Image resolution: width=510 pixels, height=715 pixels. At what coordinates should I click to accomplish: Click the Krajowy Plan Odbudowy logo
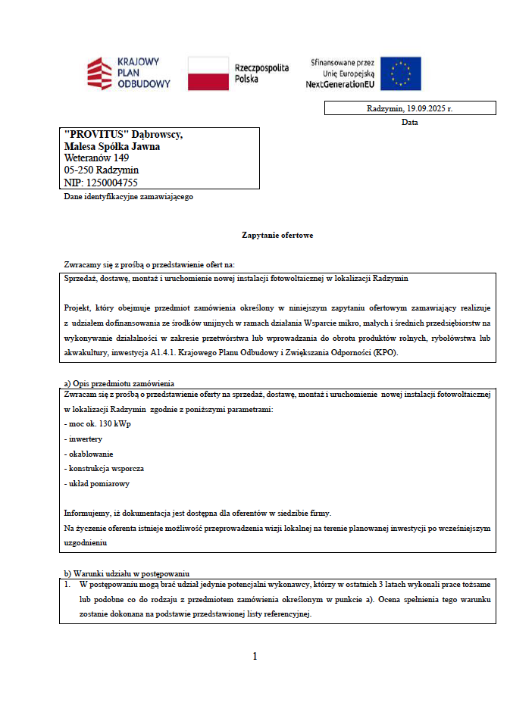click(128, 73)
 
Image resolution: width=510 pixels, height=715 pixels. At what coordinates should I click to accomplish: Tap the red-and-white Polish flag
click(208, 73)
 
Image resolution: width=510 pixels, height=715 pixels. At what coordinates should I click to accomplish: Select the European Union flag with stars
click(400, 73)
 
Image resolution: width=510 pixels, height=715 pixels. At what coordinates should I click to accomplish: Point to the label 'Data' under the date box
click(410, 122)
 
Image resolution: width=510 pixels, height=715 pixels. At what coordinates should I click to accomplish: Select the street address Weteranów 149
click(96, 158)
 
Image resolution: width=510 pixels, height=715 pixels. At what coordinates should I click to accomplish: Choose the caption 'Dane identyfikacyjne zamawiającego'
click(129, 197)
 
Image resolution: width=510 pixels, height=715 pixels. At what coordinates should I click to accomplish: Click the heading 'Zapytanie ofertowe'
click(277, 235)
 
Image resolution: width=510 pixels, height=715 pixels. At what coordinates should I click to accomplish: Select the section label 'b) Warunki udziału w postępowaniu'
click(126, 573)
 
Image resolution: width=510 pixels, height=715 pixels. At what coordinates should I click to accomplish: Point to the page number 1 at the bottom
click(255, 656)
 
